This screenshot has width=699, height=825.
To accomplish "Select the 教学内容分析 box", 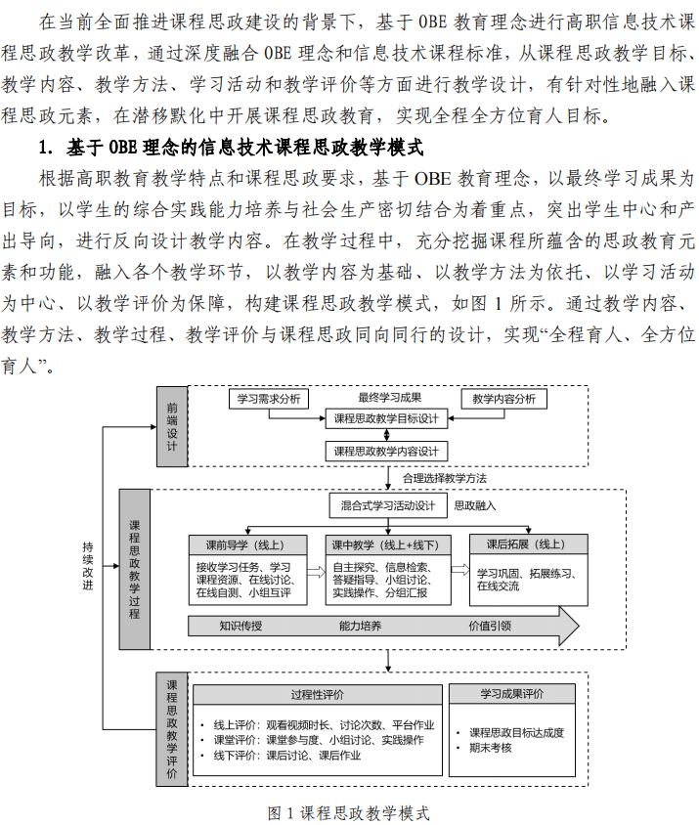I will (x=503, y=399).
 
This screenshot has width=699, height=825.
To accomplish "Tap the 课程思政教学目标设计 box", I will (x=386, y=419).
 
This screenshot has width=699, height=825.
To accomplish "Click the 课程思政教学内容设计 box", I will (x=386, y=452).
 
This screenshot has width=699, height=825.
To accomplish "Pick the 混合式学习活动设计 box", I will (x=387, y=506).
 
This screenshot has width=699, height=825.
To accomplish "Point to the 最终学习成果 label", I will (x=388, y=398).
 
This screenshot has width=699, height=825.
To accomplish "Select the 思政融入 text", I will (x=475, y=506).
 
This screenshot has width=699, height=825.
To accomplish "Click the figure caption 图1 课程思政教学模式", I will (x=349, y=812).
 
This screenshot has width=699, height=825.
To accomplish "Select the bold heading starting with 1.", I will (x=229, y=149).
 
